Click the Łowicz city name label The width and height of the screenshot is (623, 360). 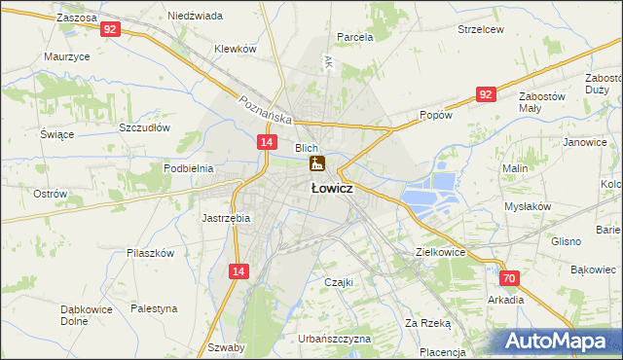tap(331, 189)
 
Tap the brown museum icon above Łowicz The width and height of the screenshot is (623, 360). tap(316, 164)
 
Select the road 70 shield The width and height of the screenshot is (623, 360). tap(511, 278)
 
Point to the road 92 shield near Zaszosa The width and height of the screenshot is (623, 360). tap(110, 30)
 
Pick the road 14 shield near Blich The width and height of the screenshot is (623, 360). tap(266, 142)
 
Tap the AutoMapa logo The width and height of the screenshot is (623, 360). tap(559, 341)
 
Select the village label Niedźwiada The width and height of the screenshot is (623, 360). tap(195, 17)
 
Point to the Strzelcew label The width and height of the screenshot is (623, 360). tap(481, 29)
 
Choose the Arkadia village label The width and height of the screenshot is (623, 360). tap(506, 300)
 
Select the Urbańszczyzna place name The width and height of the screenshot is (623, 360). tap(335, 339)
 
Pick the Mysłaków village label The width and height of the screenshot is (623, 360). tap(528, 206)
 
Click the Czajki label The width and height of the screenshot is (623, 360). tap(337, 282)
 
